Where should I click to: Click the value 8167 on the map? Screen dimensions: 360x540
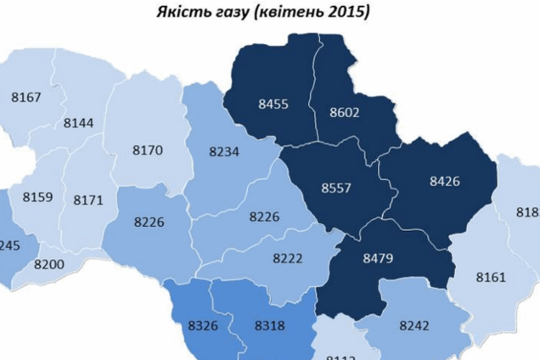coord(26,98)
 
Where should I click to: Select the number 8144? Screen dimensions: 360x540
coord(78,122)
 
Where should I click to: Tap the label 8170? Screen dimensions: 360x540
coord(147,151)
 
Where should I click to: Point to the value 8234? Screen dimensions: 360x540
coord(224,151)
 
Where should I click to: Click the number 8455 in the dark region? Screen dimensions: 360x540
coord(273,104)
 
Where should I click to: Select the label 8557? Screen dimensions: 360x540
coord(335,188)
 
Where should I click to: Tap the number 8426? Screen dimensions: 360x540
coord(445,180)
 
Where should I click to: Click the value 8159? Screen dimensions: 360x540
coord(37,197)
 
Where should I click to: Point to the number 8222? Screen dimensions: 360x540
coord(288,257)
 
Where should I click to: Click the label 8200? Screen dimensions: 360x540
coord(49,265)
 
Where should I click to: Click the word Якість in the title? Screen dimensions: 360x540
coord(180,13)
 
